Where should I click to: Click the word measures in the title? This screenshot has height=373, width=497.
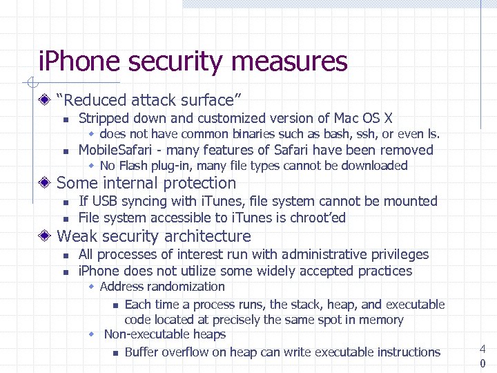click(x=289, y=62)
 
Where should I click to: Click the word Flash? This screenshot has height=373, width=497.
click(x=134, y=166)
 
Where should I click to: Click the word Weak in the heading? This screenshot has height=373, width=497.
click(x=75, y=236)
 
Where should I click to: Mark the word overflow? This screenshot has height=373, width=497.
click(x=189, y=352)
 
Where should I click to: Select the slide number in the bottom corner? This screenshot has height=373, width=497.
click(x=483, y=356)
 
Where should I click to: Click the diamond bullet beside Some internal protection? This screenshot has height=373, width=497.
click(x=44, y=183)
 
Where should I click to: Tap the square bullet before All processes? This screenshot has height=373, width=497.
click(x=65, y=256)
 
